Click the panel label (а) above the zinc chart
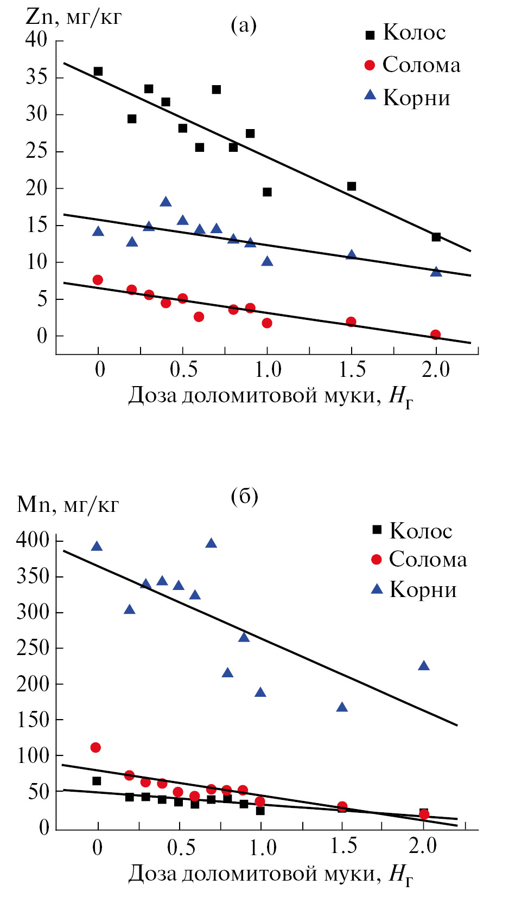point(244,25)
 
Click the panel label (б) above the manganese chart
point(244,496)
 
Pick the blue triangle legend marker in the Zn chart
point(370,95)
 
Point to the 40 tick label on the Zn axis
point(36,40)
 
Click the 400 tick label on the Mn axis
point(33,540)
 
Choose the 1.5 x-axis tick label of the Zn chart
point(352,370)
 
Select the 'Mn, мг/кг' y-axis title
point(68,504)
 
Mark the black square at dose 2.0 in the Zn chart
point(436,237)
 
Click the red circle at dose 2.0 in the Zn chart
point(435,335)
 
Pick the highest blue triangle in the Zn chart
point(166,202)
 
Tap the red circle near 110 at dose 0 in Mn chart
point(96,748)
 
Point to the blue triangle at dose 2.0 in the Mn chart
point(424,666)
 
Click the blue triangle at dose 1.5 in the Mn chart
point(342,707)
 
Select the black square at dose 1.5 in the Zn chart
point(352,187)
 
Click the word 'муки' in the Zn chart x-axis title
point(349,396)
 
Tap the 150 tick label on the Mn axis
point(33,720)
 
